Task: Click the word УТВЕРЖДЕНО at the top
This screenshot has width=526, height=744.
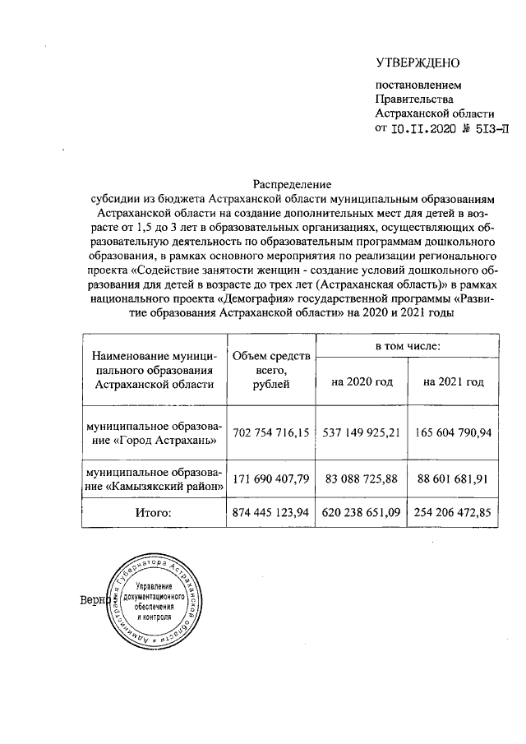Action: coord(418,63)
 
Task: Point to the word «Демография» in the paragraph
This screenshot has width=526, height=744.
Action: coord(261,299)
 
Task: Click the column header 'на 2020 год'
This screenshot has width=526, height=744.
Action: coord(362,382)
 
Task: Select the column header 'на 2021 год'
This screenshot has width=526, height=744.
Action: coord(453,382)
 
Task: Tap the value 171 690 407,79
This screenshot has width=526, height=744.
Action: coord(270,478)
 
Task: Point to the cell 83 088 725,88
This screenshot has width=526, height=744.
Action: coord(362,478)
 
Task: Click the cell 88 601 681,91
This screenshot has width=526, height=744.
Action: coord(453,478)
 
